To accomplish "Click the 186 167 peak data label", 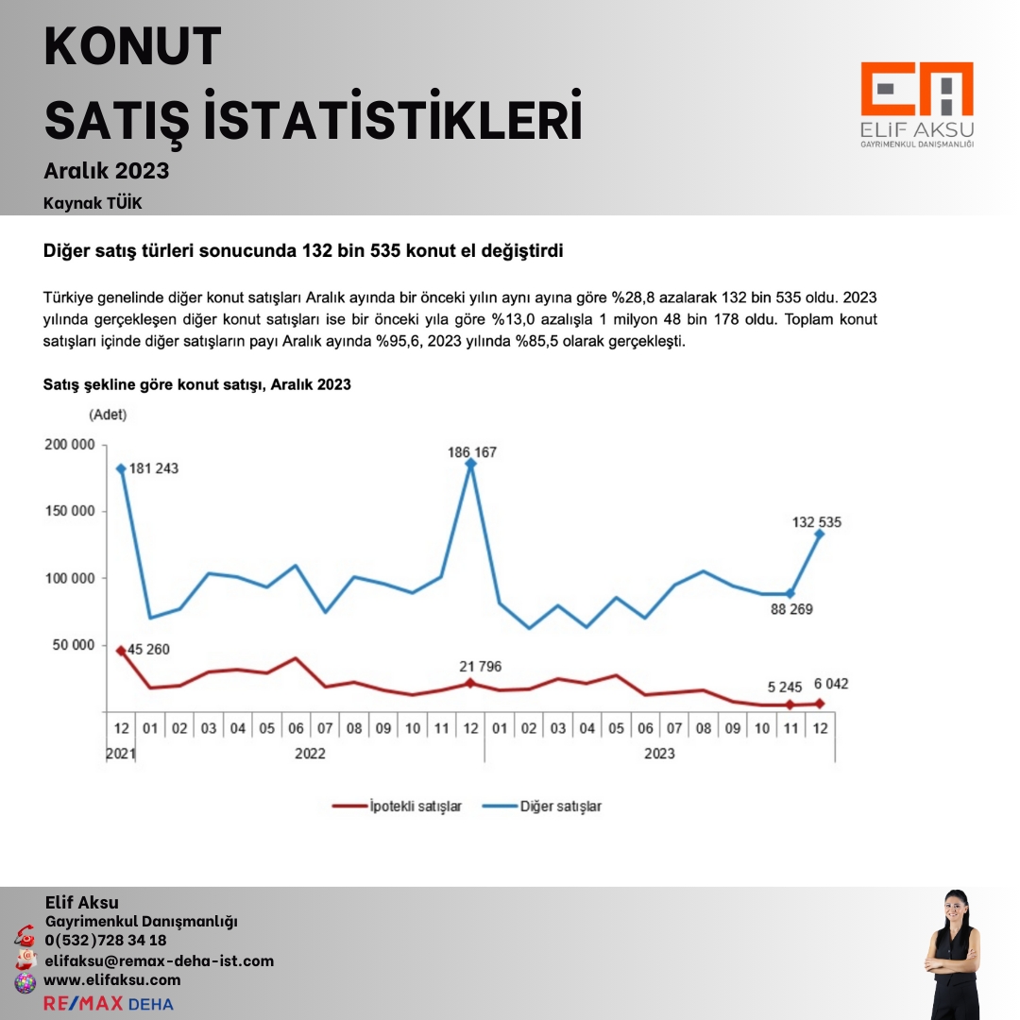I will pos(472,452).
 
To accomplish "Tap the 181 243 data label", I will pos(153,468).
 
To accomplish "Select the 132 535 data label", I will pos(816,521).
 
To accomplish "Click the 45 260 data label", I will pos(148,650).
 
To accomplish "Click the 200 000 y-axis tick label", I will pos(69,445).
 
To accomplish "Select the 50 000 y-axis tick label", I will pos(73,645).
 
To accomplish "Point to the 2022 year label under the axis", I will pos(310,754).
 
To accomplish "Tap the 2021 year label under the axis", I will pos(120,754).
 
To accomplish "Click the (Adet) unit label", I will pos(108,415).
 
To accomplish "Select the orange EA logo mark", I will pos(916,91).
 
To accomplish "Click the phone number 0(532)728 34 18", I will pos(106,941).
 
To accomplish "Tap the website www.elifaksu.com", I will pos(112,980).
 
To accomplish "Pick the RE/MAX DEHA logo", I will pos(109,1003).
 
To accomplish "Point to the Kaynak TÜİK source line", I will pos(93,203).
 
